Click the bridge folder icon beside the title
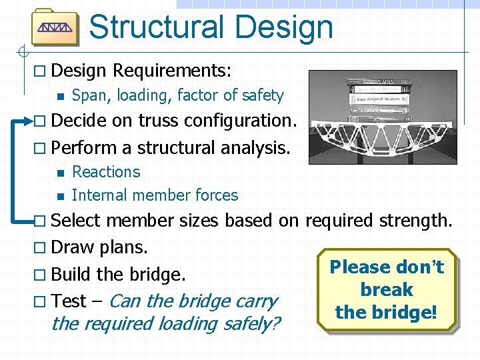(x=55, y=28)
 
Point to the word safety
(x=263, y=95)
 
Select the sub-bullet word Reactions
(x=106, y=171)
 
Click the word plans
(x=123, y=247)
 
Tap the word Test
(x=69, y=301)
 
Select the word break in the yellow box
(x=387, y=289)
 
